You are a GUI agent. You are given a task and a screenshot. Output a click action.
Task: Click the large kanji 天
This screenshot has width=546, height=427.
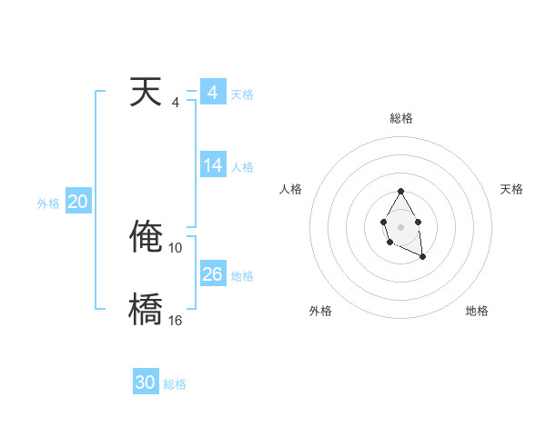pos(146,94)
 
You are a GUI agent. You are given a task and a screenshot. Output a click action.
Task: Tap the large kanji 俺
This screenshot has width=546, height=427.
pos(146,237)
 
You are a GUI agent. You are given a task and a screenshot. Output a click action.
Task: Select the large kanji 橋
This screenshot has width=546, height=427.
pos(146,310)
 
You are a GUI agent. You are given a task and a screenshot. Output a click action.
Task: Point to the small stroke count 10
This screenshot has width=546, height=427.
pos(176,248)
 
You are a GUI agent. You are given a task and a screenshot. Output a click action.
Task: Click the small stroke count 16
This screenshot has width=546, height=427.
pos(176,321)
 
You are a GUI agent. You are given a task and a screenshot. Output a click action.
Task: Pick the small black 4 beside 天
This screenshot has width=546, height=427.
pos(176,103)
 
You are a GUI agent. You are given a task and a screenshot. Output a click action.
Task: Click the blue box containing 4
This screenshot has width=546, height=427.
pos(213,93)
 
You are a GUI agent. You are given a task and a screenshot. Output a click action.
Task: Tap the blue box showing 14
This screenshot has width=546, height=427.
pos(213,165)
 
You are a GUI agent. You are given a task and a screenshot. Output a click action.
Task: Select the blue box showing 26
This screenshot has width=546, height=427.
pos(213,274)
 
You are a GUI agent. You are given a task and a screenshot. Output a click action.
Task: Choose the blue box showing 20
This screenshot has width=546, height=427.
pos(78,202)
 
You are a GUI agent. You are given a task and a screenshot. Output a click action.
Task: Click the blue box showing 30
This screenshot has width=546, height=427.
pos(146,382)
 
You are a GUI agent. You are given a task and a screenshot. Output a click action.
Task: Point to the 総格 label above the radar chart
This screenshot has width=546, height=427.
pos(401,118)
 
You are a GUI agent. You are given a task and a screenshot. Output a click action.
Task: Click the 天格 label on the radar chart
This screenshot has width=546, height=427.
pos(511,189)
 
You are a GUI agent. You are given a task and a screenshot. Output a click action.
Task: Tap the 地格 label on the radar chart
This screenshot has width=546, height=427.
pos(477,312)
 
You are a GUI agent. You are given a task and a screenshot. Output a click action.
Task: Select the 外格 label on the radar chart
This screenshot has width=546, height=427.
pos(320,312)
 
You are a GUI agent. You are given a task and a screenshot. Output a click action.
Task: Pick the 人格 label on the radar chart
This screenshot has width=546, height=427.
pos(291,189)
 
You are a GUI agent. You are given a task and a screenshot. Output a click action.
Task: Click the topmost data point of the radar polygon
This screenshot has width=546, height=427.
pos(401,191)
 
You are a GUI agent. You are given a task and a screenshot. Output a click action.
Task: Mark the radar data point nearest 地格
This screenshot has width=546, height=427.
pos(423,257)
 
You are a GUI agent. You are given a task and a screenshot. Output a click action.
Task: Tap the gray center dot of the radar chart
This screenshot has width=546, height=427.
pos(401,226)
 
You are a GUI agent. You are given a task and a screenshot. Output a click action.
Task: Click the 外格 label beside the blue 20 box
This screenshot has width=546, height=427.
pos(48,204)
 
